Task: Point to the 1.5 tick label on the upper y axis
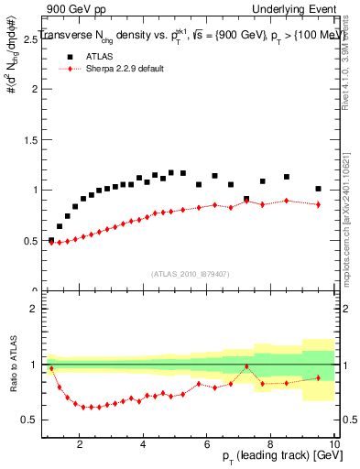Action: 30,139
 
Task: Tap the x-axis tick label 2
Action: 81,446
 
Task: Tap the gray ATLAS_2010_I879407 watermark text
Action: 191,274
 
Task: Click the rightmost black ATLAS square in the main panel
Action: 318,189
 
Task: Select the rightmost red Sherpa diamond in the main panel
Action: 318,204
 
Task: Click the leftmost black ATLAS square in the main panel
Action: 50,240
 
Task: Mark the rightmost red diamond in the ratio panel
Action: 318,377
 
